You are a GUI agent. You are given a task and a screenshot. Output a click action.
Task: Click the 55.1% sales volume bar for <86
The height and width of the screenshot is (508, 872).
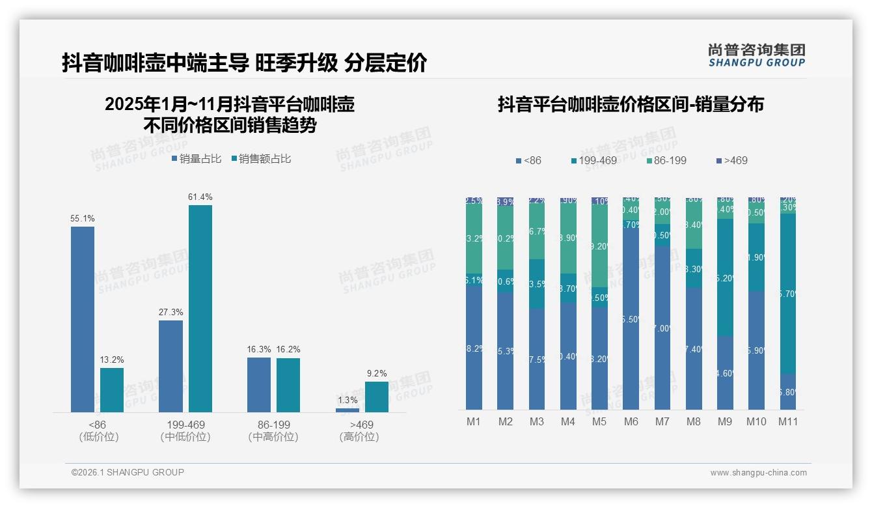tap(82, 319)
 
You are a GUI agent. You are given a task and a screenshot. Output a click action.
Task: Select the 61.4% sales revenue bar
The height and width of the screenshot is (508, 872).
tap(200, 309)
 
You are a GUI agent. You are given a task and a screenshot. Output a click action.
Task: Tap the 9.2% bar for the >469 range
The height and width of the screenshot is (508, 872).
tap(376, 397)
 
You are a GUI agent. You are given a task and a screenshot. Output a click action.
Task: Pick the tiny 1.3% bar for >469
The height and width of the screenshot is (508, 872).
tap(347, 410)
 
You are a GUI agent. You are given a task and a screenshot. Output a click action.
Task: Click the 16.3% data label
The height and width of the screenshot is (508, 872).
tap(258, 350)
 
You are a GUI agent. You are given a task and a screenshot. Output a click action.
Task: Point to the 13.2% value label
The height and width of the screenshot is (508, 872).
tap(112, 360)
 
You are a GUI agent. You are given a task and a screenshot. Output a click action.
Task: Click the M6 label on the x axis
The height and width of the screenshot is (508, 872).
tap(631, 421)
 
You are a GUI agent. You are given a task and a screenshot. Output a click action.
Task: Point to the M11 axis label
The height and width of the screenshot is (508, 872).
tap(788, 421)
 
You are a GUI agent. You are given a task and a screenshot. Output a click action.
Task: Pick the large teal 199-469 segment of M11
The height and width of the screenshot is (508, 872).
tap(787, 293)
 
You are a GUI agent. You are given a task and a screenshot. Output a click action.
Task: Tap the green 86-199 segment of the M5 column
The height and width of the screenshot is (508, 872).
tap(599, 246)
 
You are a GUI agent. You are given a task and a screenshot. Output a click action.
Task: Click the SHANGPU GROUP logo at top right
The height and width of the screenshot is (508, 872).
tap(756, 55)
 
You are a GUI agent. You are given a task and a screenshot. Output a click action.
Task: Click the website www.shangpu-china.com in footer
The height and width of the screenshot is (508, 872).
tap(758, 473)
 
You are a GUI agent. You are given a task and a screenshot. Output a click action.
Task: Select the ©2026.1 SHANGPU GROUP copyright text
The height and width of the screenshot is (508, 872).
tap(128, 472)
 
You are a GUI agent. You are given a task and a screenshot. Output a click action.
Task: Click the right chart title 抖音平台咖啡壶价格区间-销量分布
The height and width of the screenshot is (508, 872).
tap(631, 104)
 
